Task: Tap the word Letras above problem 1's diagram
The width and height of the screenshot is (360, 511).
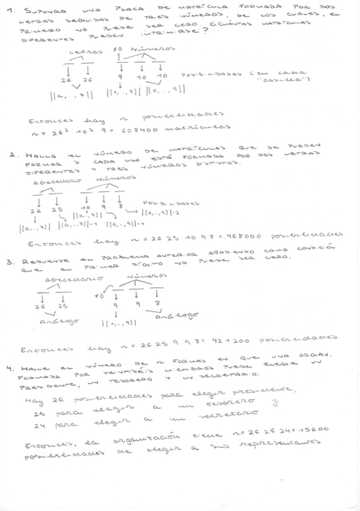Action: [82, 52]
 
